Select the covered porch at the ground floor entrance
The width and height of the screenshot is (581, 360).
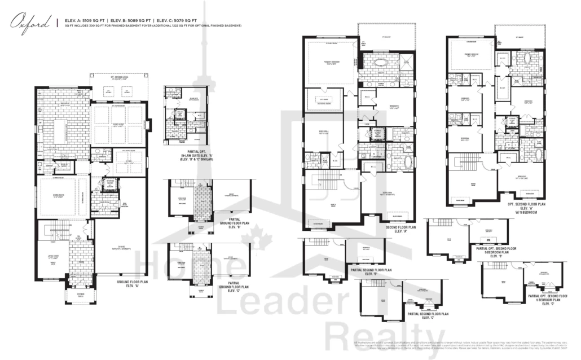(x=74, y=295)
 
